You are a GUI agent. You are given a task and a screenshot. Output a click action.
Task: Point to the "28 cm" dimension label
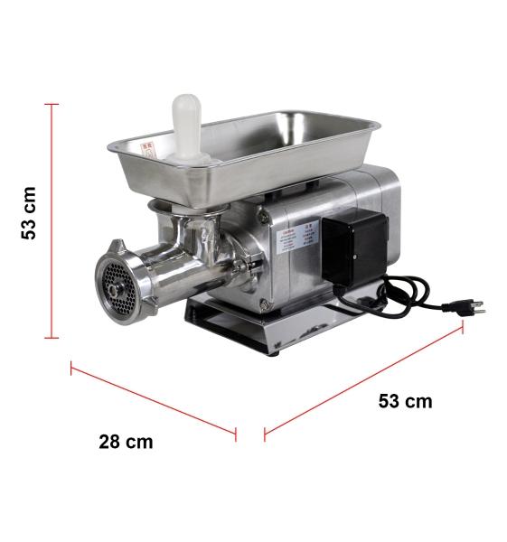pyautogui.click(x=126, y=442)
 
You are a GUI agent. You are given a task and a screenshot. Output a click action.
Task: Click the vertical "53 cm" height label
pyautogui.click(x=30, y=213)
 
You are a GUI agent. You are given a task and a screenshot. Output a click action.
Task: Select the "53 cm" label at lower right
pyautogui.click(x=405, y=401)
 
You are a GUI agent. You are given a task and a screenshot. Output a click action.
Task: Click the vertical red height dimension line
pyautogui.click(x=52, y=221)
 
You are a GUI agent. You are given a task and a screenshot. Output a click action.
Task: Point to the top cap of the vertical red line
pyautogui.click(x=52, y=105)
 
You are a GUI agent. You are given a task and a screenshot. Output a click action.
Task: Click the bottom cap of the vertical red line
pyautogui.click(x=52, y=338)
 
